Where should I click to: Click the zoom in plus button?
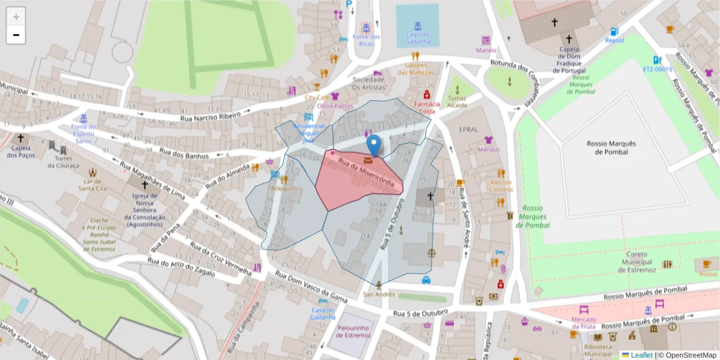coord(16,17)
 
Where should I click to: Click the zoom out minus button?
coord(16,35)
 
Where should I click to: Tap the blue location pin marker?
coord(374,146)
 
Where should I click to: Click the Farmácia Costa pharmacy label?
coord(427,107)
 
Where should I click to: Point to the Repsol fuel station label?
coord(614,41)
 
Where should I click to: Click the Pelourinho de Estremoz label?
coord(349,332)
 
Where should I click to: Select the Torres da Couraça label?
coord(67,162)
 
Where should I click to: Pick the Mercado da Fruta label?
coord(584,323)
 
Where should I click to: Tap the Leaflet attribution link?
coord(641,355)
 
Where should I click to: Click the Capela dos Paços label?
coord(21,152)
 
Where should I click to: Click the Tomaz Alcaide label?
coord(457,101)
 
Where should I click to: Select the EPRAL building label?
coord(468,129)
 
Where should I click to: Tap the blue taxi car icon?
coord(426,280)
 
